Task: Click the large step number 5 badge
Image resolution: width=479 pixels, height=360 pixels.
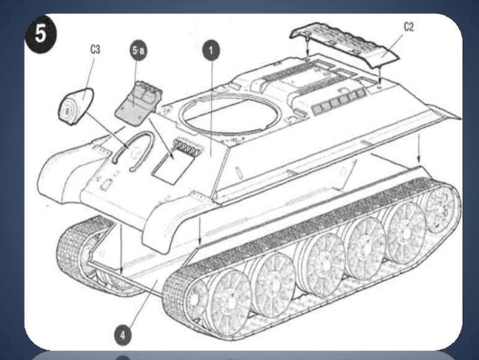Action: pyautogui.click(x=41, y=34)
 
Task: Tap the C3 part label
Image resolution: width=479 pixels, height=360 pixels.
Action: pyautogui.click(x=95, y=49)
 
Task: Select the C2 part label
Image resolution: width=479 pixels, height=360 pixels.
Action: pyautogui.click(x=409, y=27)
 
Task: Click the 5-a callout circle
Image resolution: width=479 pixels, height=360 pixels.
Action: pyautogui.click(x=138, y=50)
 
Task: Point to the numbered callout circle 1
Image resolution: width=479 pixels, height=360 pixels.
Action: pyautogui.click(x=211, y=50)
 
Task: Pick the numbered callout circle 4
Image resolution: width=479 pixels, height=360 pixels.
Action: pyautogui.click(x=123, y=335)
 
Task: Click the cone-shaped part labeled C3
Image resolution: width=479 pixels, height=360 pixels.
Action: pyautogui.click(x=75, y=106)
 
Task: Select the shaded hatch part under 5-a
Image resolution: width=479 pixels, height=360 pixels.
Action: pyautogui.click(x=138, y=103)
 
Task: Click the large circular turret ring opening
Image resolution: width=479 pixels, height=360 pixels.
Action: pyautogui.click(x=230, y=115)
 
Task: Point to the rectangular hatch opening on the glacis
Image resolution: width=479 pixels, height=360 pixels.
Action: pyautogui.click(x=173, y=164)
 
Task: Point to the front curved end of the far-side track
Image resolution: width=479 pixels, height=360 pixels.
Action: pyautogui.click(x=73, y=253)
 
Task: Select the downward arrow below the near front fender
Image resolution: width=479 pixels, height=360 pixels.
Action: pyautogui.click(x=200, y=231)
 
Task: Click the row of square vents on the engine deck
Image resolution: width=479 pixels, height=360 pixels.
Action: pyautogui.click(x=338, y=100)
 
